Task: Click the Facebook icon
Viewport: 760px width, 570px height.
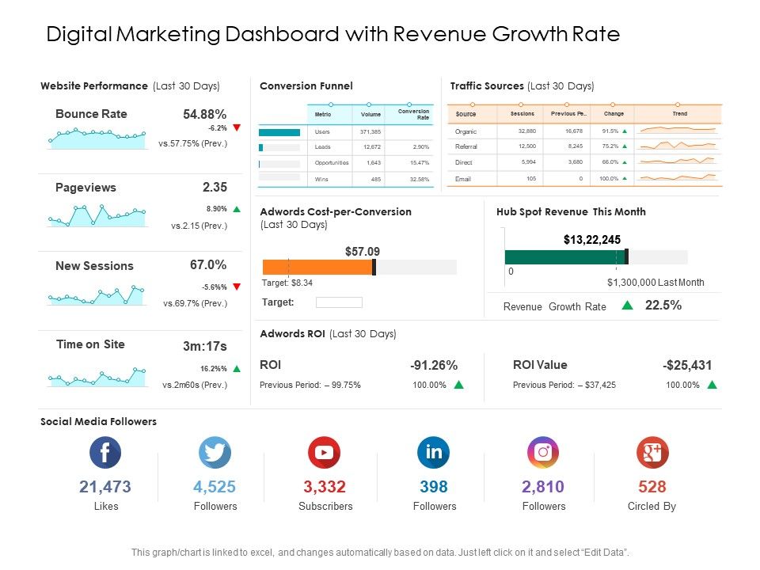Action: point(105,453)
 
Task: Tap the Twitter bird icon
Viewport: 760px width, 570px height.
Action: point(215,453)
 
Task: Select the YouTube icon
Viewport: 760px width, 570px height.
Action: point(325,453)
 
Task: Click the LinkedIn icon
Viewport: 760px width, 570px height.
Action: point(434,453)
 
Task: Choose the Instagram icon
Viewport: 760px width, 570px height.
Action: point(543,453)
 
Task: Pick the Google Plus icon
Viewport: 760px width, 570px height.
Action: point(652,453)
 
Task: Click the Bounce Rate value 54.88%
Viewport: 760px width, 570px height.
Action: point(205,115)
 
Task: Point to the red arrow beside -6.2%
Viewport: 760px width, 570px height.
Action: point(236,127)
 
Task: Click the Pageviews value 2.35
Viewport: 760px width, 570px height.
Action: point(215,188)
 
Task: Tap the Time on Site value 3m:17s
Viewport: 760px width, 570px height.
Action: point(205,346)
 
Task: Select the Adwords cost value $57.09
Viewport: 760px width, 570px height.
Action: point(363,252)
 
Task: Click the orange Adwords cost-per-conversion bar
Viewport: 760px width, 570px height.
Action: point(317,268)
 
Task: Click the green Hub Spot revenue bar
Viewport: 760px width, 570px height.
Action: point(564,256)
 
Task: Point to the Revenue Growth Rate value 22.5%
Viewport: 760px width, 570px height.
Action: point(663,306)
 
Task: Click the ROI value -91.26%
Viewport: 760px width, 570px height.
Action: point(434,366)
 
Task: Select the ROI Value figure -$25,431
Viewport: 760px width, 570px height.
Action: point(687,366)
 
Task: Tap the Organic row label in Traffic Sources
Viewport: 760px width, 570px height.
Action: point(466,131)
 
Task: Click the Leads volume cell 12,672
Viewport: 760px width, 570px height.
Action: point(371,147)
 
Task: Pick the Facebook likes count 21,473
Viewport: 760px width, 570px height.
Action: point(105,487)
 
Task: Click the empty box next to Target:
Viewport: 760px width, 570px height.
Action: point(339,302)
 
